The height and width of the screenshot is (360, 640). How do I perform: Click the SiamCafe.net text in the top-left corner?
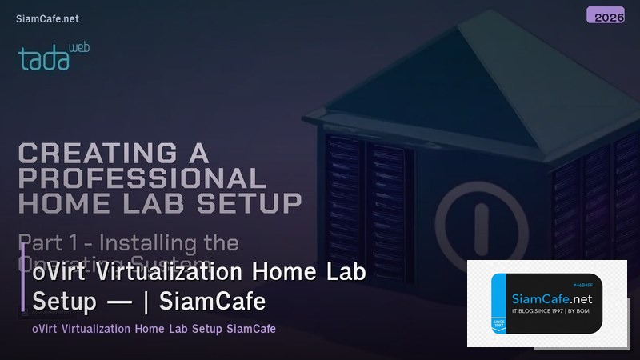point(47,18)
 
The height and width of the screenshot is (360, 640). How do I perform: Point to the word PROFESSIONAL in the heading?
point(142,177)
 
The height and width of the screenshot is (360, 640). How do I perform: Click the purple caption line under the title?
point(154,329)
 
